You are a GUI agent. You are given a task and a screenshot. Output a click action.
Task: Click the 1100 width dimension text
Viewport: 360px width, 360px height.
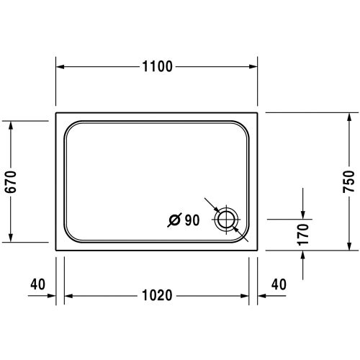coord(158,67)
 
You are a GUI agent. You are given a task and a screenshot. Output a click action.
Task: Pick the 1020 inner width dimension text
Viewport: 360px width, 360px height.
coord(158,296)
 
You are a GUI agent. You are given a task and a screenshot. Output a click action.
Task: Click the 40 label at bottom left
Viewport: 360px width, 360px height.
coord(38,284)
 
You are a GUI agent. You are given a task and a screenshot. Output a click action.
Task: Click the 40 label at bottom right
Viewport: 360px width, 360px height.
coord(277,284)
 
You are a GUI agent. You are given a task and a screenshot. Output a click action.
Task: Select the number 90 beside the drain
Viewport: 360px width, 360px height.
coord(191,221)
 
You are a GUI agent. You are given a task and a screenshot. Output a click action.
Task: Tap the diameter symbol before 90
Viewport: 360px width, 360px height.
coord(174,221)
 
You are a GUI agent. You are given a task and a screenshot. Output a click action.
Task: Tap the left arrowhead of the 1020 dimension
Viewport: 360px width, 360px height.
coord(70,296)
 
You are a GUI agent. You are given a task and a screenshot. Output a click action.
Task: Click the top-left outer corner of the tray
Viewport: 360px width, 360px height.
coord(56,113)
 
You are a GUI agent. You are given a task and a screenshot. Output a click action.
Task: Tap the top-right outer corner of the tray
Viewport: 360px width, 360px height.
coord(259,113)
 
